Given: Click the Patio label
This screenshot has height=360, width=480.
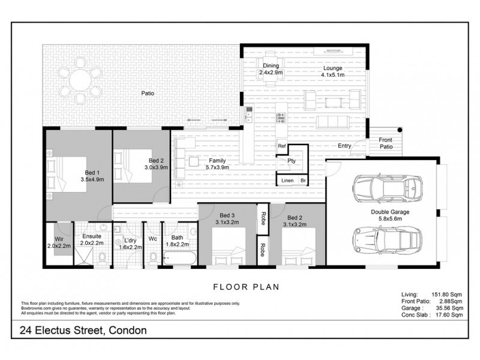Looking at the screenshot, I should tap(148, 93).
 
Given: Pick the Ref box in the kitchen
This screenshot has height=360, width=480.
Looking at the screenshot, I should tap(281, 146).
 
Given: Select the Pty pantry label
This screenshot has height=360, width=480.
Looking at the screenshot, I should tap(291, 161).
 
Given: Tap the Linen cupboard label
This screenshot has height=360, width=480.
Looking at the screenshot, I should tap(286, 180).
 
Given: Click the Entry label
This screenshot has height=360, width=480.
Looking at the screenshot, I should tap(344, 146).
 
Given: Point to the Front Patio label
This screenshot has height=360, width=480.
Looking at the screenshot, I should tap(385, 143).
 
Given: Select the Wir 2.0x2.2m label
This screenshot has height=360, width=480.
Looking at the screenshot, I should tap(59, 242).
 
